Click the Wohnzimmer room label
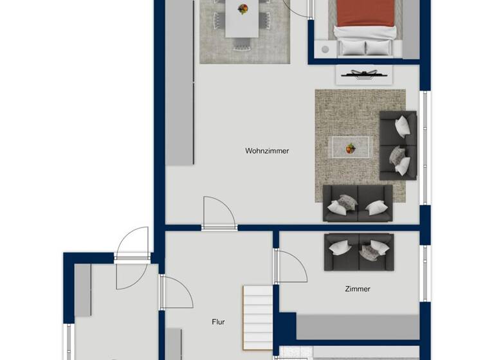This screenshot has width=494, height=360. [x=267, y=151]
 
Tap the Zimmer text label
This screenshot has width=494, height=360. [x=358, y=289]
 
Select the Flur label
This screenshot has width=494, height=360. [x=219, y=322]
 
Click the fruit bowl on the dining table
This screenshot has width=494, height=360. [x=242, y=9]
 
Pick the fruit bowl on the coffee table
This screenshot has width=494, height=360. [x=350, y=148]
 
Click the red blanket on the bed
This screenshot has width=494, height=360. [x=365, y=13]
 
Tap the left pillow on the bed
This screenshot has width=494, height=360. [x=352, y=47]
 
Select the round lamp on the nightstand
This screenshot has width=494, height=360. [x=325, y=49]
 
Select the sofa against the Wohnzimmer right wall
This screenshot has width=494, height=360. [x=398, y=145]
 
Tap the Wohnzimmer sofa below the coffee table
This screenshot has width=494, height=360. [x=358, y=203]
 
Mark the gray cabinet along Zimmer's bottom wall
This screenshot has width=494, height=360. [x=357, y=327]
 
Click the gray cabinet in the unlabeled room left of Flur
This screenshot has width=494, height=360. [x=82, y=290]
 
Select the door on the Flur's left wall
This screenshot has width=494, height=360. [x=175, y=293]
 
